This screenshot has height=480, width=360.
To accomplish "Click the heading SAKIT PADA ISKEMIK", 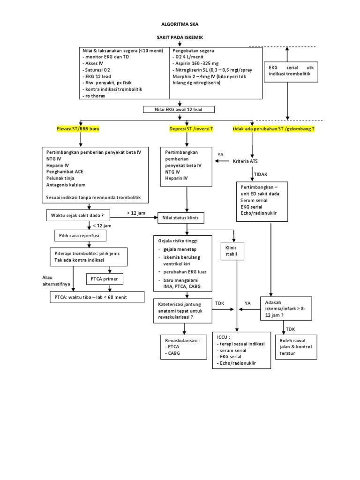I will pos(180,37).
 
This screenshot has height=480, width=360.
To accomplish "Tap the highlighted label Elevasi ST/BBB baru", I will pos(77,128).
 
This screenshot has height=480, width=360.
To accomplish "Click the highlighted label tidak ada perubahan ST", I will pos(274,128).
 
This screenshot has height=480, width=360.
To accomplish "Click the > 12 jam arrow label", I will pos(136,213).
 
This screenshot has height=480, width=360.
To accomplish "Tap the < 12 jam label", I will pos(102,225).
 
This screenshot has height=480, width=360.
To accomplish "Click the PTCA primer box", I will pos(105,279).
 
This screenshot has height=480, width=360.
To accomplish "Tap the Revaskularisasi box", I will pos(183,347).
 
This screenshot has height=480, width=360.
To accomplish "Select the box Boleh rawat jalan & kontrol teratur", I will pos(298,347).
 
